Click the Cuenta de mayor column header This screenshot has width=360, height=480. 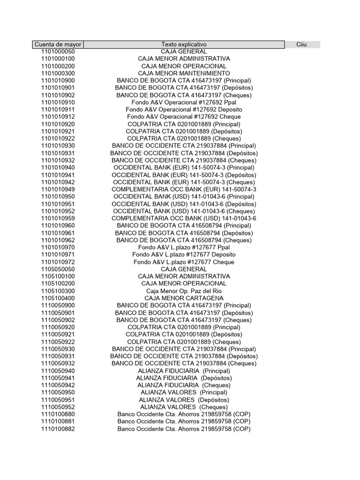[x=58, y=45]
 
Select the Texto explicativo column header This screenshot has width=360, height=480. [x=184, y=45]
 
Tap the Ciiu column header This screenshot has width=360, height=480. [x=301, y=45]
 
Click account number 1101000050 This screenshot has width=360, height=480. [x=58, y=52]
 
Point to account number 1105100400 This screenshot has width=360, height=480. [x=58, y=298]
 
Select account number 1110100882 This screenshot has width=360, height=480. [x=58, y=429]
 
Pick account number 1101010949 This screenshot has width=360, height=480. [x=58, y=189]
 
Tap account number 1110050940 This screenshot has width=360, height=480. [x=58, y=371]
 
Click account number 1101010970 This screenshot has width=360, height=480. [x=58, y=247]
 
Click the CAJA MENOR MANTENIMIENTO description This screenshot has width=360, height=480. [x=184, y=74]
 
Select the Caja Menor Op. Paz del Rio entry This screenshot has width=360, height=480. [x=184, y=291]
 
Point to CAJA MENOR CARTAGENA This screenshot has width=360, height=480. [x=184, y=298]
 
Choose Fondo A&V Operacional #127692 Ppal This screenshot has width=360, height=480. [x=184, y=102]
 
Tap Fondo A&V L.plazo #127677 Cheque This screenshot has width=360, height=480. [x=184, y=262]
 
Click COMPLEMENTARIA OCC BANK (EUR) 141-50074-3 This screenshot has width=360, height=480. [x=184, y=189]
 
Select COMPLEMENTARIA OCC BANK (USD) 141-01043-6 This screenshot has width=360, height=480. [x=184, y=218]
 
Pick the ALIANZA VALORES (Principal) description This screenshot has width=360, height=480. [x=184, y=392]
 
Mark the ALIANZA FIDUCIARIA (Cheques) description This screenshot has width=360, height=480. [x=184, y=385]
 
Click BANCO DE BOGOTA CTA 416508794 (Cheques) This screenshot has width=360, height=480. [x=184, y=240]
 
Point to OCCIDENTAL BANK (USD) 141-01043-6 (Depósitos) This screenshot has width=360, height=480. [x=184, y=204]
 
